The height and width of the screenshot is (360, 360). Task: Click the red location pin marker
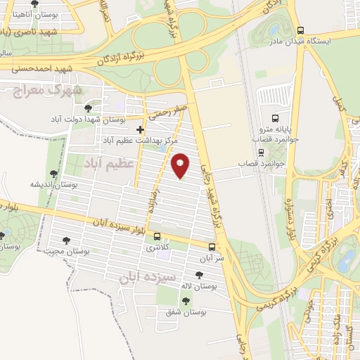181,165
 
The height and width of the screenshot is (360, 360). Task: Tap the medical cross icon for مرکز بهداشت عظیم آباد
141,129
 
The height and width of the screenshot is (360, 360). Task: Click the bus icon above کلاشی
156,236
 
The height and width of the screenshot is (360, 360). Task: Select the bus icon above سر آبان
211,247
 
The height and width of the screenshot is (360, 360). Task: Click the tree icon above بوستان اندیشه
54,174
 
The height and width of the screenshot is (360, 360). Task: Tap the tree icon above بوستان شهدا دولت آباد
87,108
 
